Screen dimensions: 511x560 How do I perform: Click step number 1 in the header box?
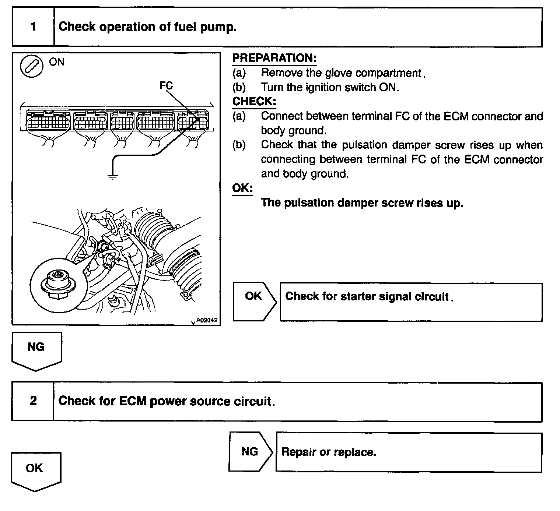tap(34, 27)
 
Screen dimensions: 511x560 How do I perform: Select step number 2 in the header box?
tap(33, 401)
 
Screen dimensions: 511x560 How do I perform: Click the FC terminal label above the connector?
tap(166, 85)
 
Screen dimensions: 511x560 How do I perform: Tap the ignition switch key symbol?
tap(31, 67)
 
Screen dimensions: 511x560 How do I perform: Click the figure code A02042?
tap(207, 320)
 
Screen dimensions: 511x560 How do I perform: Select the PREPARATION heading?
tap(274, 58)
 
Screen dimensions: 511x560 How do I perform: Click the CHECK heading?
tap(254, 101)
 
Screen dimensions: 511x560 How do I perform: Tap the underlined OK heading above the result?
tap(242, 188)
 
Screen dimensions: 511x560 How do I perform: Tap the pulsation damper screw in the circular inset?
tap(57, 275)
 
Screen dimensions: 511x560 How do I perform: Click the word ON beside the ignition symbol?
tap(56, 62)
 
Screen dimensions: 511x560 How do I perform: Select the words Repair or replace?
tap(329, 452)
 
